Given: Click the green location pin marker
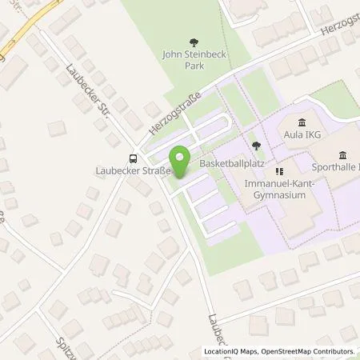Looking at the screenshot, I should [180, 162].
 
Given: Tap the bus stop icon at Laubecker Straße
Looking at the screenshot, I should [133, 158].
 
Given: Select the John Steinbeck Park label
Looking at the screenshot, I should [190, 61].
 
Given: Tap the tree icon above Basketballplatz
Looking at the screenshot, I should [255, 146].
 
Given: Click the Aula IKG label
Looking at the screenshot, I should [302, 135].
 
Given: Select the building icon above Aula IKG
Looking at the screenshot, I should [302, 122].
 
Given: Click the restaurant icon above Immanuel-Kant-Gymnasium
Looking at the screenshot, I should [279, 170].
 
